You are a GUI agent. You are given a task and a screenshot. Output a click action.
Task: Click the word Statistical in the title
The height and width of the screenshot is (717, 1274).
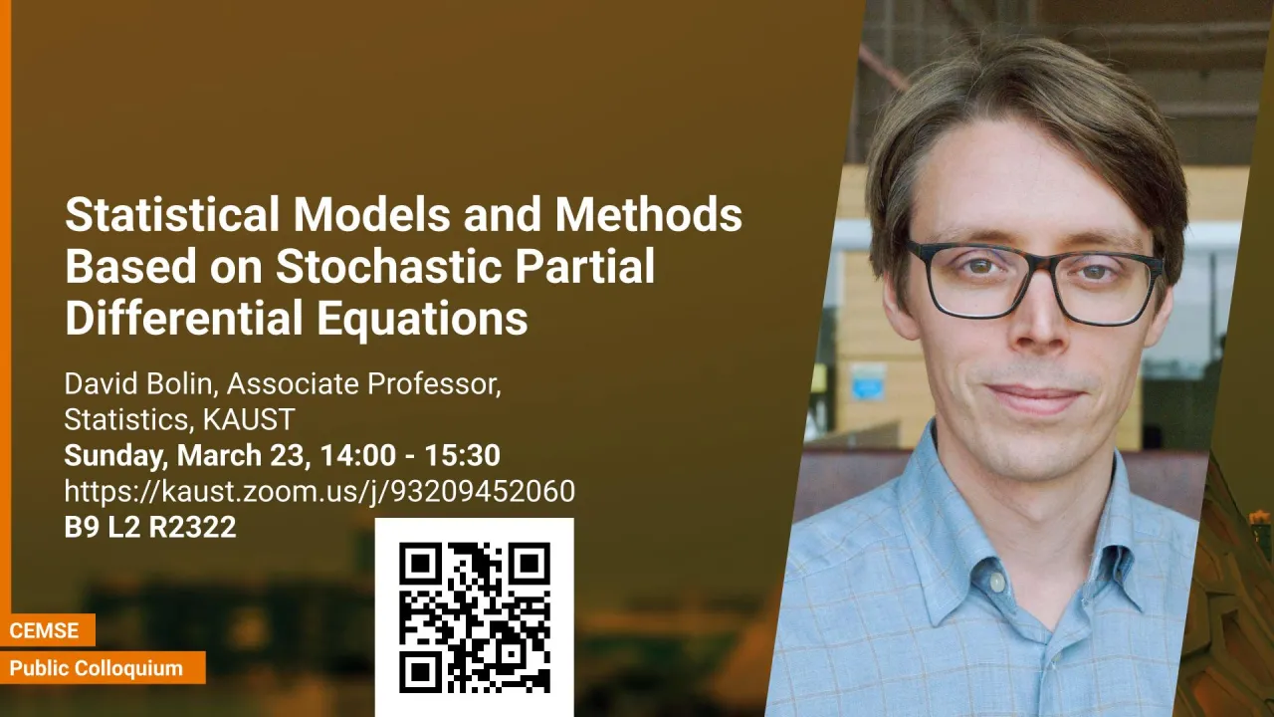click(172, 214)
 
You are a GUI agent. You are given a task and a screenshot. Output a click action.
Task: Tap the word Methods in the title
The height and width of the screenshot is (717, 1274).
click(648, 214)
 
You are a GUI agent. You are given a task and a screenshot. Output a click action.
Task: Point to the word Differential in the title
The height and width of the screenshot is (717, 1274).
click(184, 318)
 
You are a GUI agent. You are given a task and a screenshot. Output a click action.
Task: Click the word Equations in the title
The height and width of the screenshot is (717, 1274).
click(423, 320)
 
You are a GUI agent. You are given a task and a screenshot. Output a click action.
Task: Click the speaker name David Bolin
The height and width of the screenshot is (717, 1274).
click(137, 384)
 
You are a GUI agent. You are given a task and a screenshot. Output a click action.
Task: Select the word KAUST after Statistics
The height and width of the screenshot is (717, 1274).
click(249, 419)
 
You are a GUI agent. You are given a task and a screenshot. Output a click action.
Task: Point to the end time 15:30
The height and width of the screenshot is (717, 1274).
click(463, 455)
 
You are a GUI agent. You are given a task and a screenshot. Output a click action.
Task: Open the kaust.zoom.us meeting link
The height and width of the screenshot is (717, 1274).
click(319, 491)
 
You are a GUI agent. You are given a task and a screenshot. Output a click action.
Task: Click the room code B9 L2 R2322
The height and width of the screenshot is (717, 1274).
click(150, 527)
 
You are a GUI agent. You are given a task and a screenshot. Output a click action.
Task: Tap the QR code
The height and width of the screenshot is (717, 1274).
click(475, 618)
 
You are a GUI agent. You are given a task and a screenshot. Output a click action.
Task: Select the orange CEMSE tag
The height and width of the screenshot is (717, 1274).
click(45, 630)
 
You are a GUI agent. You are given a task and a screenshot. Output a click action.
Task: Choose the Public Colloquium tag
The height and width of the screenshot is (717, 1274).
click(97, 668)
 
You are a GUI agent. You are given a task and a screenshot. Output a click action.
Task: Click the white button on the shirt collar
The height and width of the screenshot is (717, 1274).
click(996, 581)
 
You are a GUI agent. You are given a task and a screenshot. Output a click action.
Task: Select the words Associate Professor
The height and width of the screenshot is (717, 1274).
click(364, 384)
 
